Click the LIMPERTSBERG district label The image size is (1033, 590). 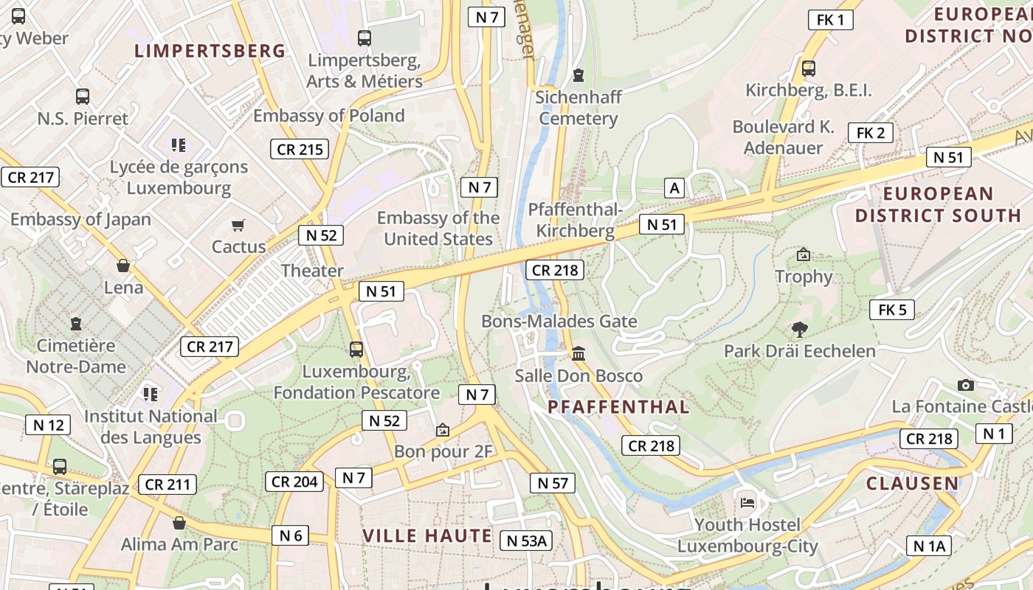[x=210, y=51]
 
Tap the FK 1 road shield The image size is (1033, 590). [x=830, y=20]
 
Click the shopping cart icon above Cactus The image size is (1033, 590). [x=238, y=225]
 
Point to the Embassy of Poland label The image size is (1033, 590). [x=329, y=116]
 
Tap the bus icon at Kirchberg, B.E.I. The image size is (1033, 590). [x=809, y=69]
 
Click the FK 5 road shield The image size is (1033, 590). [x=891, y=310]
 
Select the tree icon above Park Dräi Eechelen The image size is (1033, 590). [x=799, y=329]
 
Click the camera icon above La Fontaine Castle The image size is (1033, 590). [x=965, y=385]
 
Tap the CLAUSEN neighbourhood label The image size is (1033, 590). [x=912, y=484]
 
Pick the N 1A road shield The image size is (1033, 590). [x=928, y=546]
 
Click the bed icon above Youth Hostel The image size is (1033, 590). [x=747, y=503]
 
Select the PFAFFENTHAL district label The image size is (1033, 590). [x=618, y=406]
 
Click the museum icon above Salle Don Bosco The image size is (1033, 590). [x=578, y=354]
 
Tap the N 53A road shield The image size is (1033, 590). [x=525, y=541]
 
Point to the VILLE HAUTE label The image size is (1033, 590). [x=427, y=535]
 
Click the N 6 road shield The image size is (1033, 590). [x=290, y=535]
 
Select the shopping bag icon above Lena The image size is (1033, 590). [x=123, y=265]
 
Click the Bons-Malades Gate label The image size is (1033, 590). [x=559, y=322]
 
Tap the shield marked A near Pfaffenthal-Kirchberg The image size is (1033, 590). [x=674, y=188]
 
